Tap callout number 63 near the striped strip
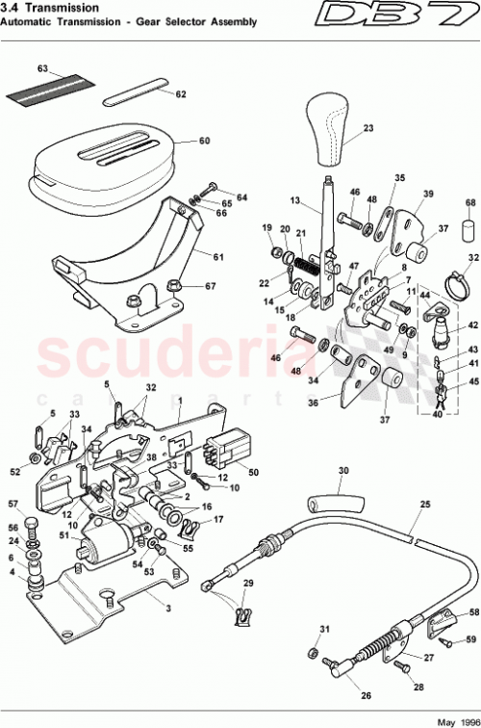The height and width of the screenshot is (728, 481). pyautogui.click(x=42, y=69)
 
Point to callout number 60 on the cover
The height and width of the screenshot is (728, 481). pyautogui.click(x=204, y=140)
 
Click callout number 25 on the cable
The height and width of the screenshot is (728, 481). pyautogui.click(x=425, y=504)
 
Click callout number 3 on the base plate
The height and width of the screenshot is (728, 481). pyautogui.click(x=167, y=610)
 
